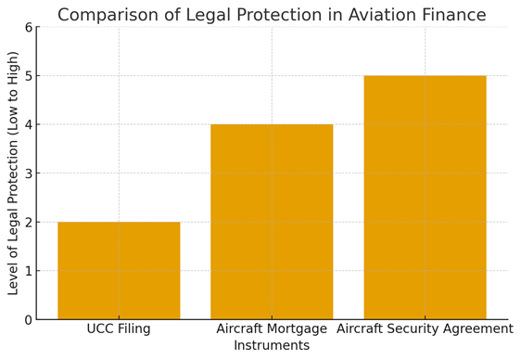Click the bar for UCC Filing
[119, 270]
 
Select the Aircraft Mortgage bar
[272, 222]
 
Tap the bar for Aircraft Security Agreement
[425, 198]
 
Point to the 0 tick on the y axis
[28, 320]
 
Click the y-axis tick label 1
[28, 271]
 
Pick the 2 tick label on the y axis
[28, 223]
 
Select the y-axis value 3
[28, 174]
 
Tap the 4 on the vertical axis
[28, 124]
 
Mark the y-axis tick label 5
[28, 76]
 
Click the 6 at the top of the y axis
[28, 27]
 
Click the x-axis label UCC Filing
[119, 329]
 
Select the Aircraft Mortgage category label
[272, 329]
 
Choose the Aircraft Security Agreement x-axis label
[425, 329]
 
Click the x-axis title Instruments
[272, 346]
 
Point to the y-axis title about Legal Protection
[13, 173]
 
